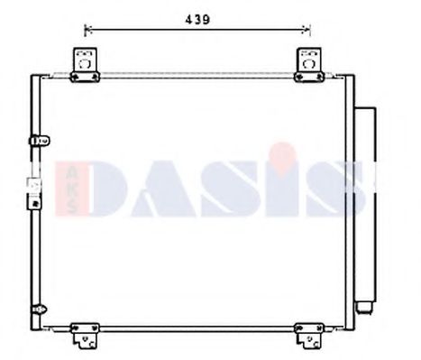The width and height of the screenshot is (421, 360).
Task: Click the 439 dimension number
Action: click(197, 20)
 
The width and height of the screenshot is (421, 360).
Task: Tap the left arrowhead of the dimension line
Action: click(87, 30)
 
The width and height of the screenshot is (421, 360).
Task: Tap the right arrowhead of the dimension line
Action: click(307, 30)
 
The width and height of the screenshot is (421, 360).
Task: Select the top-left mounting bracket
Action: click(85, 65)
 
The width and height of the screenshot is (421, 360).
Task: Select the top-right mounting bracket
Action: click(309, 65)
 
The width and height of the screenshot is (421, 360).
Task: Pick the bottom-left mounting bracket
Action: click(85, 336)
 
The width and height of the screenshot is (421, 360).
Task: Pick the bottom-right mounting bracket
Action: click(309, 336)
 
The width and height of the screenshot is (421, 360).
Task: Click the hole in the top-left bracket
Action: click(85, 64)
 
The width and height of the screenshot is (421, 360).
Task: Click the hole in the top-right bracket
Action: click(309, 64)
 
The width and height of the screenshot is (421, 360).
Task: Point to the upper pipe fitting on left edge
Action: click(40, 141)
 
